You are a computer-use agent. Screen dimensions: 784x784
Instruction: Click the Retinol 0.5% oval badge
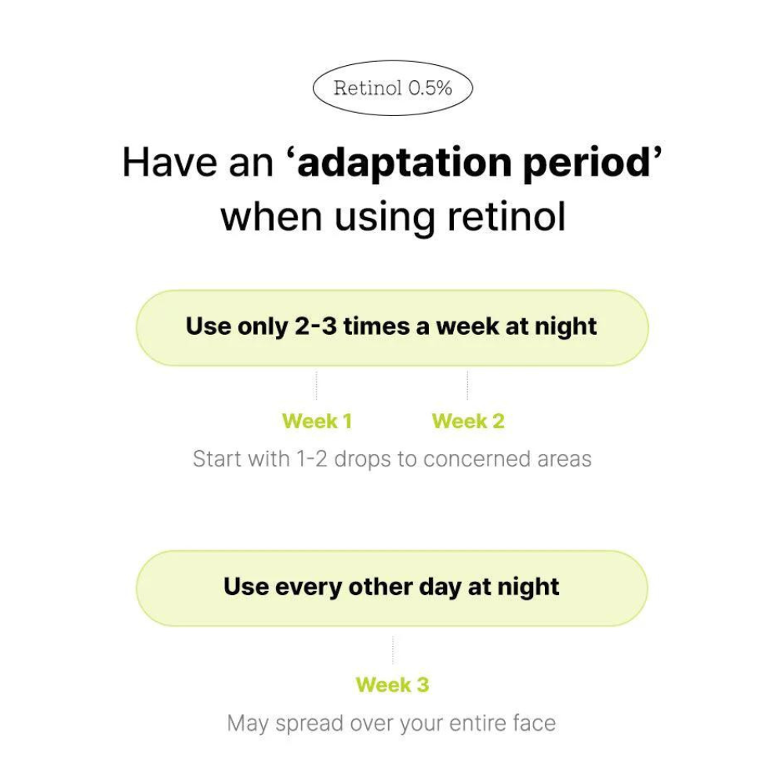pos(393,88)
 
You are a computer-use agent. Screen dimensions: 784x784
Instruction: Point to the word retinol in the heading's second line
pos(506,216)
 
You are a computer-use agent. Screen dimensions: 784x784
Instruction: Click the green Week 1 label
pos(317,421)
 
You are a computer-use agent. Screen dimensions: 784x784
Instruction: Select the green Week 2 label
pos(468,421)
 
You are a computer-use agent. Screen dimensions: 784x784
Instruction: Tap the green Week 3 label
pos(393,684)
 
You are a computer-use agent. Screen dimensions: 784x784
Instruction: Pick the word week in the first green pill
pos(467,327)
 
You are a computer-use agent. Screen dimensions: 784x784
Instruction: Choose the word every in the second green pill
pos(308,588)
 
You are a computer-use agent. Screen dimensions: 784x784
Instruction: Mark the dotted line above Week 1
pos(317,386)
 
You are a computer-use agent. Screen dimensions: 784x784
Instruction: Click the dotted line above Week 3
pos(393,649)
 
